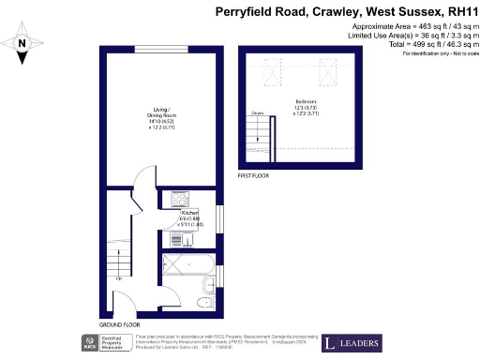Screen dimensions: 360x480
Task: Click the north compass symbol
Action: (22, 45)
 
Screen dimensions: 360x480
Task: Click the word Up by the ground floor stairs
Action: (118, 278)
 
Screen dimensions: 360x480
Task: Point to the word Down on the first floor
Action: (256, 112)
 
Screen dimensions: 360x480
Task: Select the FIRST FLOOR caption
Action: (255, 175)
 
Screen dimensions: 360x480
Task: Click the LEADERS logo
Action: (352, 342)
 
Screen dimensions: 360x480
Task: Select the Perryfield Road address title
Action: (346, 11)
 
